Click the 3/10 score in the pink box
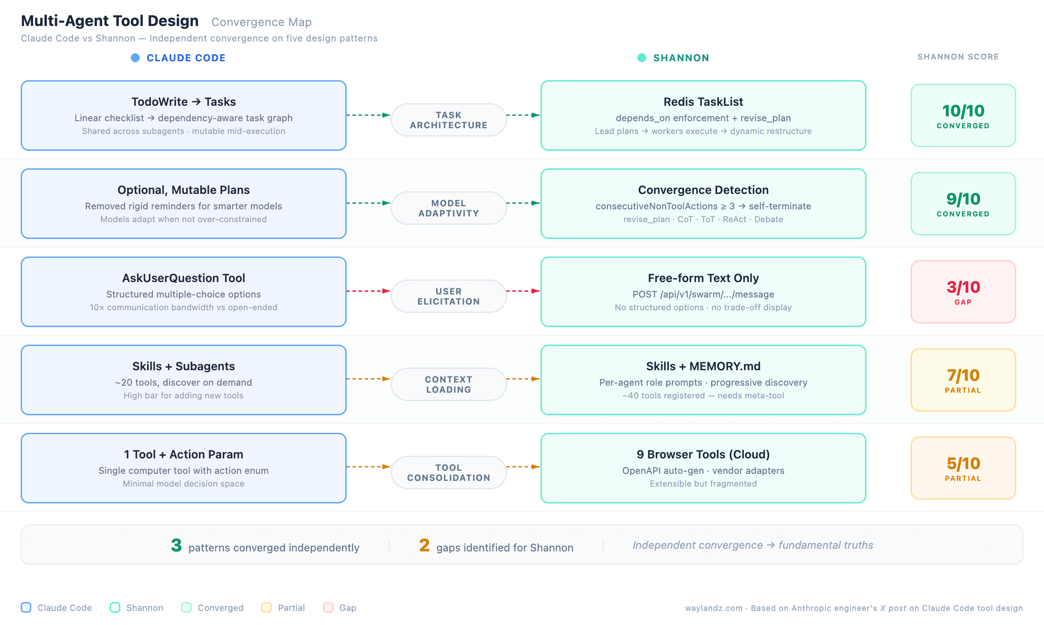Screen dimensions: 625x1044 (x=963, y=287)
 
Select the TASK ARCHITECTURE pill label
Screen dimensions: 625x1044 (x=448, y=120)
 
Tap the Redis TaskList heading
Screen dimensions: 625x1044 (x=703, y=102)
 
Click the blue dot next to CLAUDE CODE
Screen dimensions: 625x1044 (x=135, y=58)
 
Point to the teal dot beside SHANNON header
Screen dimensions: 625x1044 (x=642, y=58)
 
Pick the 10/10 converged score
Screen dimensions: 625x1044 (x=963, y=111)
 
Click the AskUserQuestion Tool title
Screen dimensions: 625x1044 (x=183, y=278)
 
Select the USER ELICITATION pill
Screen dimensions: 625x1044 (x=448, y=296)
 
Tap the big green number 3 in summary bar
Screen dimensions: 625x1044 (x=176, y=545)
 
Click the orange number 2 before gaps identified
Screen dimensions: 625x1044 (x=424, y=545)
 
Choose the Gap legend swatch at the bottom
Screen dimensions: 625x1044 (x=328, y=607)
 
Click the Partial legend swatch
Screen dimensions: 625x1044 (x=267, y=607)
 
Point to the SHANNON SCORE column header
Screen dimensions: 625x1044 (x=958, y=57)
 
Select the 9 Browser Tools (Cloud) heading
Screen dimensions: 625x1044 (x=703, y=454)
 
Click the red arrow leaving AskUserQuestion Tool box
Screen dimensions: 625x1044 (x=368, y=291)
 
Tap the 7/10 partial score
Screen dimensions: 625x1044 (x=963, y=376)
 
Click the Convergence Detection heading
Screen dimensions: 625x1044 (x=703, y=190)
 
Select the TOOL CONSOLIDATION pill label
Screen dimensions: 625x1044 (x=448, y=472)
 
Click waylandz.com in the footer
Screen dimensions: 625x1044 (x=713, y=608)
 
